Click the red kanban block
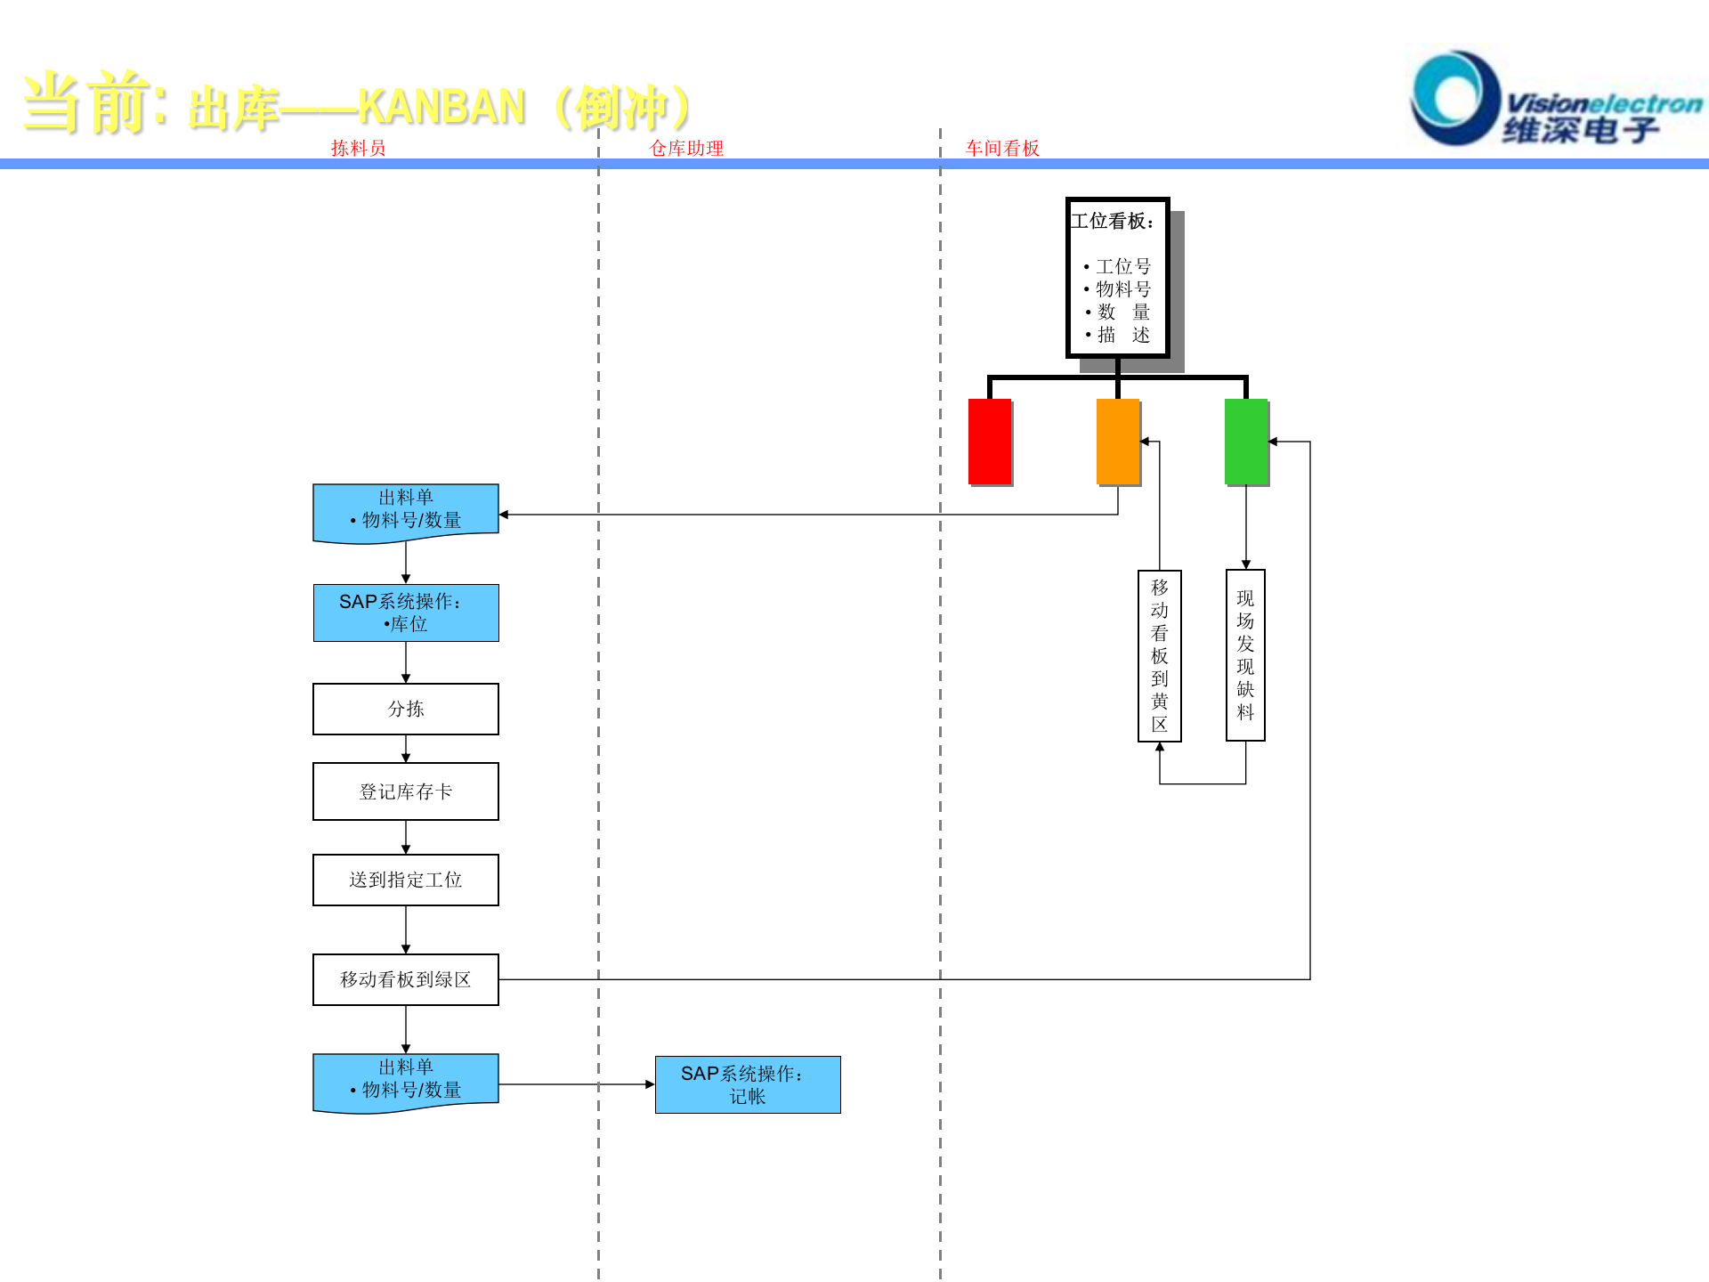tap(990, 442)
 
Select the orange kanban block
tap(1118, 442)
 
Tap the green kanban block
tap(1246, 442)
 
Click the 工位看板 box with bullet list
tap(1118, 277)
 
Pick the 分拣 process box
tap(406, 709)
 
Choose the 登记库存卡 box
tap(406, 791)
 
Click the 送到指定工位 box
tap(406, 880)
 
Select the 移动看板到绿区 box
tap(406, 979)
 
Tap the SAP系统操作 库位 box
tap(406, 613)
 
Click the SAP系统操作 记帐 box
tap(748, 1084)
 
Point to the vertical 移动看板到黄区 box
tap(1160, 655)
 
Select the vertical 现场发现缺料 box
tap(1245, 655)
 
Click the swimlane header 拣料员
tap(358, 149)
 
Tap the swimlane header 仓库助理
tap(686, 149)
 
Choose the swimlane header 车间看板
tap(1002, 149)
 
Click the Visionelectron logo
tap(1553, 100)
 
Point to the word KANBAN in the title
tap(441, 108)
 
